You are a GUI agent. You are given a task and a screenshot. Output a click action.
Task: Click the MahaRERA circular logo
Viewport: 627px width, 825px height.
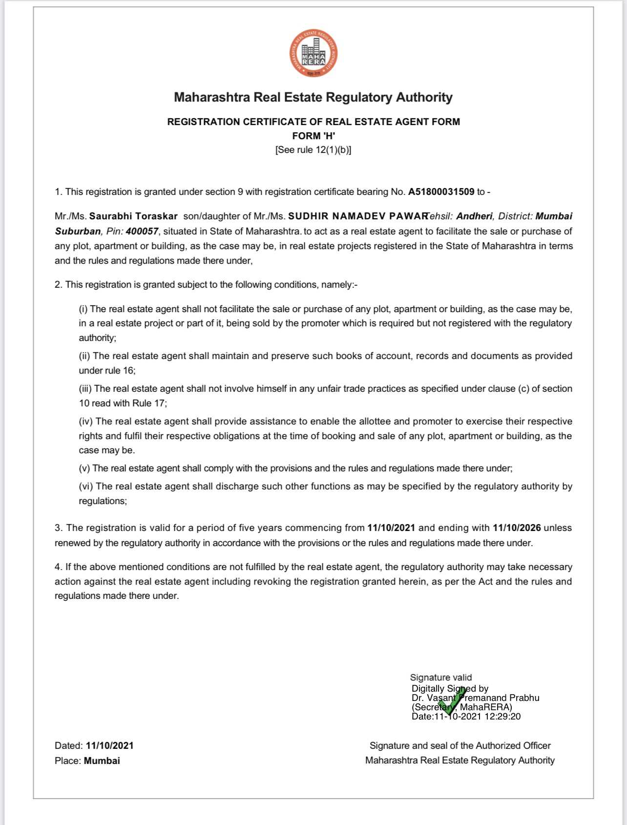313,53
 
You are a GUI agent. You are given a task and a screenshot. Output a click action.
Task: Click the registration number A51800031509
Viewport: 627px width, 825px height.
441,191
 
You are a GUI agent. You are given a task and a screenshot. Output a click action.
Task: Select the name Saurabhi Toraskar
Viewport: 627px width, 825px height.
133,216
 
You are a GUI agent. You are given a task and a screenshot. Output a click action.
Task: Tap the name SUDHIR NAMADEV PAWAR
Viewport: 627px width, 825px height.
358,216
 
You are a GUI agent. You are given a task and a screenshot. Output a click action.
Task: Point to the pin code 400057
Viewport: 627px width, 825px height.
142,231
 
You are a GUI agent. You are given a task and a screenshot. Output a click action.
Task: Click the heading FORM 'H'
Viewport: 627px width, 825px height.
313,136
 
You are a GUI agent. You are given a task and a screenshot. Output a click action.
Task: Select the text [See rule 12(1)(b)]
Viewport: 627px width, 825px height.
313,150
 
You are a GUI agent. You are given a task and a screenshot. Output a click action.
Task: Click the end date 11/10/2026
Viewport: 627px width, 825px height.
517,528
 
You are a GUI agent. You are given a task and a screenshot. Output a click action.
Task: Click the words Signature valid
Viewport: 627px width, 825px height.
441,677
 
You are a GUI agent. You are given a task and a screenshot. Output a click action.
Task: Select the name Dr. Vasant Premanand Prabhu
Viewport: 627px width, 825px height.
475,698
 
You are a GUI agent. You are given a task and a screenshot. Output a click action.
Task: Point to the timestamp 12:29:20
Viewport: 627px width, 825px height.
502,717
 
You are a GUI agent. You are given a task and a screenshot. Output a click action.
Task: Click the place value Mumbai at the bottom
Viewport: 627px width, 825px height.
102,761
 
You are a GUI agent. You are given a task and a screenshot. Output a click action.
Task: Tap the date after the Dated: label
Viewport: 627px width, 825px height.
109,745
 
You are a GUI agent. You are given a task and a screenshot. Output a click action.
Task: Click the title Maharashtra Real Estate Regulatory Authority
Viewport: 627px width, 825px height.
313,97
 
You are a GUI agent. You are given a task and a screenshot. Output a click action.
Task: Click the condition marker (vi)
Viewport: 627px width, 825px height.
86,487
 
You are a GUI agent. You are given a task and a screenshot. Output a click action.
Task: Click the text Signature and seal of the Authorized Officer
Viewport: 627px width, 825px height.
460,745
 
